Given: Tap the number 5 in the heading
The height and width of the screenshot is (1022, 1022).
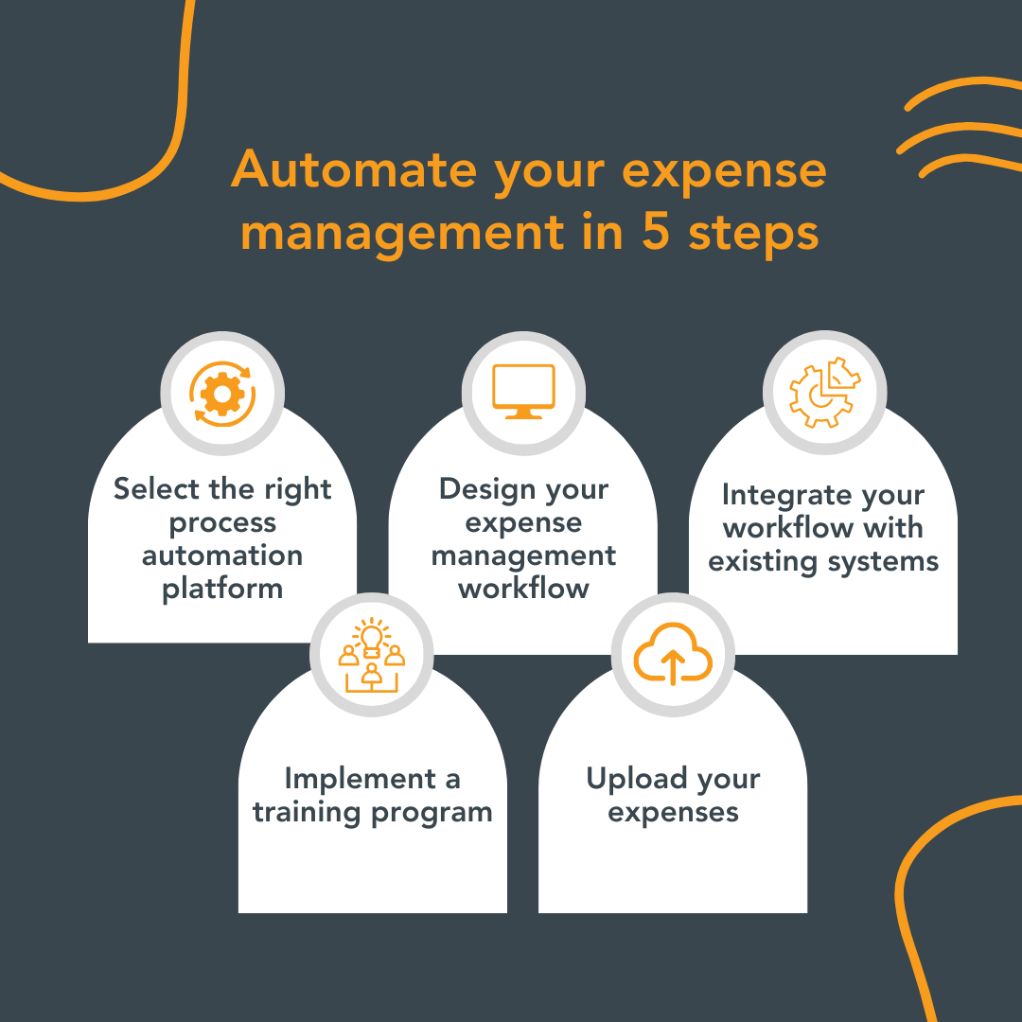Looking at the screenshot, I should [656, 232].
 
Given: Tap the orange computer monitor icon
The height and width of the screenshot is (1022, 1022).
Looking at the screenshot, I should [523, 392].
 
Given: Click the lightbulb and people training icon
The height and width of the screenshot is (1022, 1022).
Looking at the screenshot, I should [372, 655].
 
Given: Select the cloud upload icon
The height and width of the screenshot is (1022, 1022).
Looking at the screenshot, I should [673, 655].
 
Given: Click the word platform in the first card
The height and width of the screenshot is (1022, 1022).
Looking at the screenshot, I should [222, 589].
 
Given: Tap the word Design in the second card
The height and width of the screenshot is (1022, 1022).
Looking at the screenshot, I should [484, 489].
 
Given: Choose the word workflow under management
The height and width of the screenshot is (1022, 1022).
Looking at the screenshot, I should [523, 589].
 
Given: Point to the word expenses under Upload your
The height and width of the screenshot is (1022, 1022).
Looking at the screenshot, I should [673, 812].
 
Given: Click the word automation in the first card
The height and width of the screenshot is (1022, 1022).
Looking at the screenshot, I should [222, 555].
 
